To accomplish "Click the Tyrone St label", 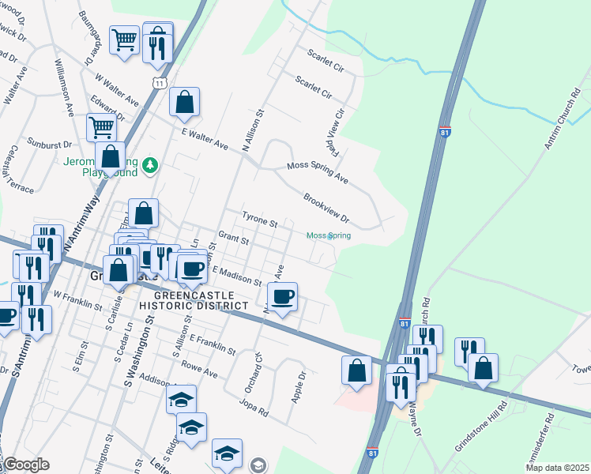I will pos(259,219).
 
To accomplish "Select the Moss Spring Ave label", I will pos(317,174).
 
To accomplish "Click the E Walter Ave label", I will pos(204,140).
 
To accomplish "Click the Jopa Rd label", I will pos(253,404).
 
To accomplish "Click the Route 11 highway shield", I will pos(161,82).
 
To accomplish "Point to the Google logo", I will pos(25,465).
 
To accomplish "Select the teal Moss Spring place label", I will pos(328,235).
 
